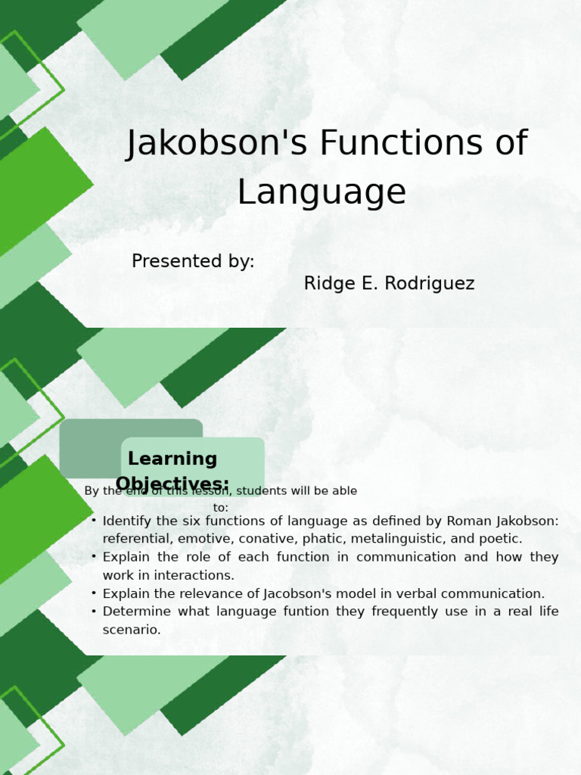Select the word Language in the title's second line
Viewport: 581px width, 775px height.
click(322, 192)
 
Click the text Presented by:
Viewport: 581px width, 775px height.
click(193, 261)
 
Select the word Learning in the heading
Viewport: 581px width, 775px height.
click(172, 459)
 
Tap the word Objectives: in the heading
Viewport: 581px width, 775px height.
click(172, 484)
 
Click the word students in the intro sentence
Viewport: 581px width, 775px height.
click(266, 491)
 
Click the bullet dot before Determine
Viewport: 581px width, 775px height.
click(93, 612)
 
